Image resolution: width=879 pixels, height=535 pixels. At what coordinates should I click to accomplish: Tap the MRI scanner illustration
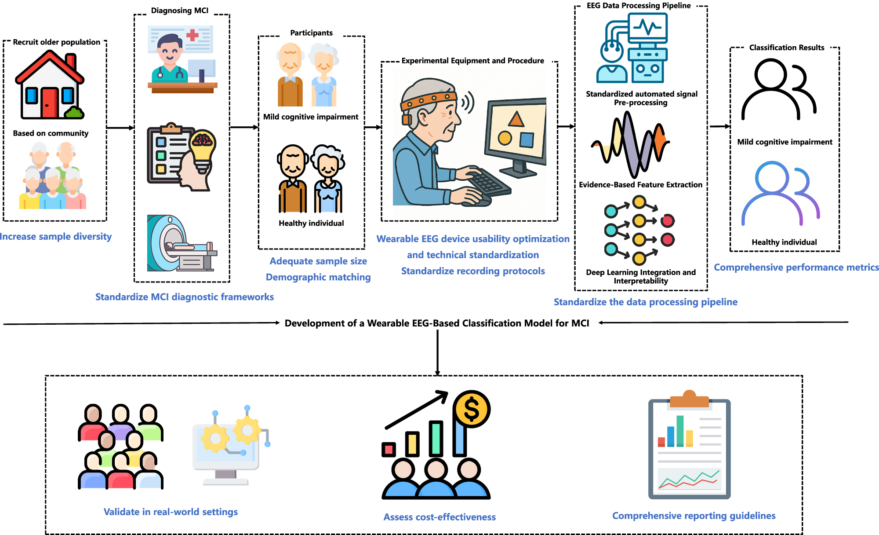[x=181, y=243]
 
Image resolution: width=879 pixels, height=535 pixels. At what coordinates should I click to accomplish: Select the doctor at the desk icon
[x=182, y=59]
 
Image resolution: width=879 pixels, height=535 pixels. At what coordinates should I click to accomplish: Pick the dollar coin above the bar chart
[x=472, y=409]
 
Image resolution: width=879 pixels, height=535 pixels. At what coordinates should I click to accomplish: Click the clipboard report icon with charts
[x=689, y=445]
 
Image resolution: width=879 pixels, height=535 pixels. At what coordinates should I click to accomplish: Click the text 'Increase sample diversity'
[x=55, y=237]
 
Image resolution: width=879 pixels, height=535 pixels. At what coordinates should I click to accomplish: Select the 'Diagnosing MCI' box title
[x=180, y=11]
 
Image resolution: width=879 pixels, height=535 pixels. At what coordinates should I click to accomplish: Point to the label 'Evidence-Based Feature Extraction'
[x=640, y=185]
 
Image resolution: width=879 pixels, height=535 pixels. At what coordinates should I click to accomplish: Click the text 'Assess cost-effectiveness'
[x=439, y=517]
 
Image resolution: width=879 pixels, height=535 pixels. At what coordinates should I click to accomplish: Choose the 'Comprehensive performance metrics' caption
[x=796, y=267]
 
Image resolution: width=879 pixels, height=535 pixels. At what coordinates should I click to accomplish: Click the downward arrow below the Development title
[x=437, y=352]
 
